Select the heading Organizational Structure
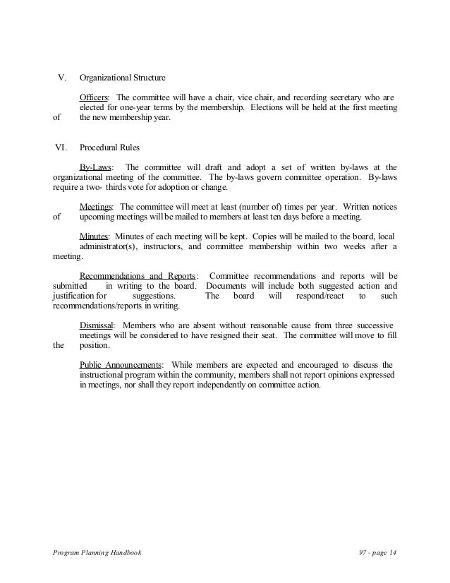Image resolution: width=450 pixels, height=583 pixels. tap(123, 78)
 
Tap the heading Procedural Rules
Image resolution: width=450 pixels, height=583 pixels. tap(110, 149)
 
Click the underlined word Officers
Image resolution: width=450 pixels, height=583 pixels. tap(95, 97)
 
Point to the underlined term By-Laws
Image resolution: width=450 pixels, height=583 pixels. tap(95, 167)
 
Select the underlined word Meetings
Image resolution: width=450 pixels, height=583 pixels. tap(97, 205)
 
